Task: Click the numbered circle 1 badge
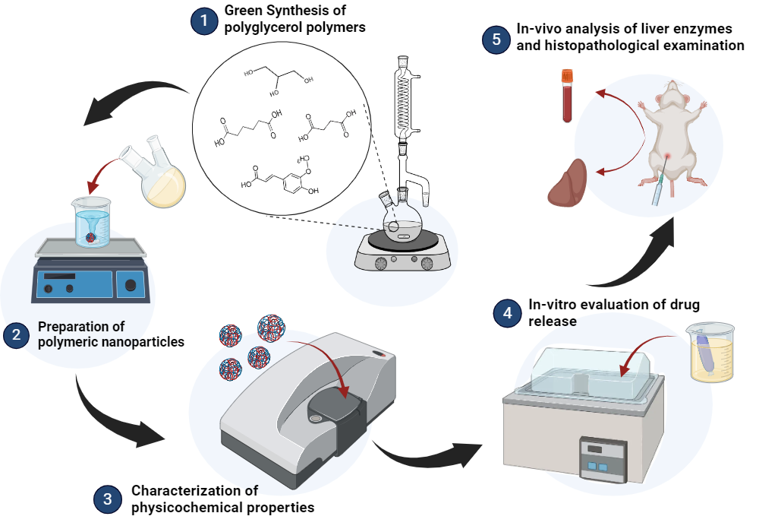[203, 21]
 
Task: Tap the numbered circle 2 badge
[16, 334]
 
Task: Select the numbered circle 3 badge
[107, 499]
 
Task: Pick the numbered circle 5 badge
[496, 40]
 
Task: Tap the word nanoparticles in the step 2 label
[148, 342]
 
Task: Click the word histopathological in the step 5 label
[597, 46]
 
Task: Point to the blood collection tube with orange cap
[567, 96]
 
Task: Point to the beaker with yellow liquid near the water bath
[712, 353]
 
